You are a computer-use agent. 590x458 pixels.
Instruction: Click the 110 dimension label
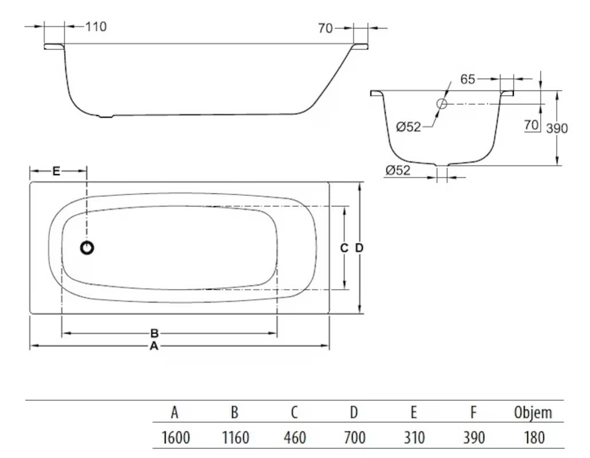[x=96, y=27]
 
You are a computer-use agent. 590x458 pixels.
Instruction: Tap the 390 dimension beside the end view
[x=556, y=128]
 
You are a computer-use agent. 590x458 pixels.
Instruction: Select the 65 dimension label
[x=468, y=80]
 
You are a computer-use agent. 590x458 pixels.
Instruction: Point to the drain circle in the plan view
[x=87, y=248]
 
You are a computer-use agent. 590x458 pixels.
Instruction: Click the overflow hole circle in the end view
[x=442, y=104]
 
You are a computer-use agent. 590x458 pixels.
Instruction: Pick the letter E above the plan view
[x=56, y=171]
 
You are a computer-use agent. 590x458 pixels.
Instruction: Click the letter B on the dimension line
[x=154, y=333]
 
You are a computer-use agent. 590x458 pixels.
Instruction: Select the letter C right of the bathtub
[x=344, y=248]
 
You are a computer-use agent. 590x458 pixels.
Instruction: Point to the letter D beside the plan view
[x=359, y=248]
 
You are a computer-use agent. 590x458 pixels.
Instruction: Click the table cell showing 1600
[x=176, y=439]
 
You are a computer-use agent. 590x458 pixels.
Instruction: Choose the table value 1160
[x=235, y=439]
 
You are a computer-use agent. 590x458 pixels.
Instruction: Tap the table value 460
[x=295, y=439]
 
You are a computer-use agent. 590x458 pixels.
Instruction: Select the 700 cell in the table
[x=354, y=439]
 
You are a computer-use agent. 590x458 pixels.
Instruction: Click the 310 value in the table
[x=414, y=439]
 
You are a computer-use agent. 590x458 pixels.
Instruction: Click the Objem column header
[x=532, y=413]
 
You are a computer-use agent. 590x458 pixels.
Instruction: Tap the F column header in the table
[x=473, y=413]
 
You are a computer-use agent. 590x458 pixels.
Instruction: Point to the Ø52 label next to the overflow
[x=409, y=127]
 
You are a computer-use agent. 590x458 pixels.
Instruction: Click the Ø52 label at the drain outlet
[x=398, y=170]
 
